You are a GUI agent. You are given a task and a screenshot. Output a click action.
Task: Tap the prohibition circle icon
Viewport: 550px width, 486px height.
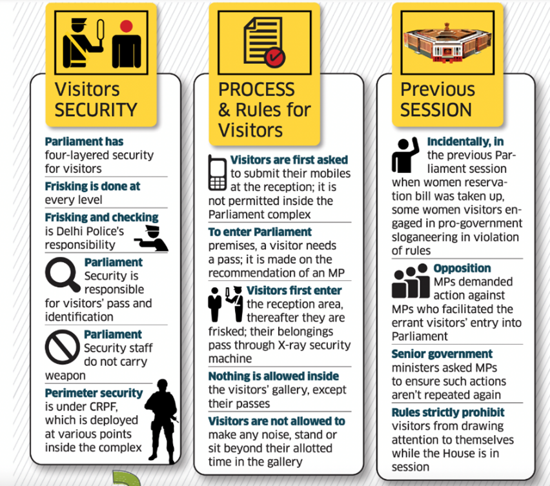coord(63,347)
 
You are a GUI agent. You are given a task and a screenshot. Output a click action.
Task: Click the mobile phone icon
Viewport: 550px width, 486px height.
coord(218,172)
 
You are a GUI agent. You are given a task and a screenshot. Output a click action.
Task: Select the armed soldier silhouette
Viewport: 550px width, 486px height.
coord(162,421)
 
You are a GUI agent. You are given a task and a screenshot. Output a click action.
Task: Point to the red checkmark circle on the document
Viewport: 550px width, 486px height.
coord(274,57)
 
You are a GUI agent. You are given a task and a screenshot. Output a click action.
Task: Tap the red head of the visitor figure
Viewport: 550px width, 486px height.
coord(127,26)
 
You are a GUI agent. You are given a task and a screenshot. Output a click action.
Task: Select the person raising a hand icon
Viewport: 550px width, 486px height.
coord(405,155)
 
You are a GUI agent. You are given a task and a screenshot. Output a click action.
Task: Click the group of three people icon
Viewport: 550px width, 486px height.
coord(411,281)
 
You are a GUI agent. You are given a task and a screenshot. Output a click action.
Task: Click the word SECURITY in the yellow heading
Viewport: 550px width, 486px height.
coord(96,110)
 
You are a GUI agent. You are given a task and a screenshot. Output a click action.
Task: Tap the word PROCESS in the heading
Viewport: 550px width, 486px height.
coord(256,90)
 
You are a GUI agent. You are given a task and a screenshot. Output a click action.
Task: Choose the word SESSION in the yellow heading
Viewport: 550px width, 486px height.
coord(436,110)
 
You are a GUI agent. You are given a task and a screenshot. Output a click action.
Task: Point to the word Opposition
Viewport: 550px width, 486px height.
coord(462,268)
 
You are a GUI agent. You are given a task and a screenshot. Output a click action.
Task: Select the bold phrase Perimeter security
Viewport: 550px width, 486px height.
coord(94,393)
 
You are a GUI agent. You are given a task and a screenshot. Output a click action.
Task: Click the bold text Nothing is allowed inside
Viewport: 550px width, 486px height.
coord(274,376)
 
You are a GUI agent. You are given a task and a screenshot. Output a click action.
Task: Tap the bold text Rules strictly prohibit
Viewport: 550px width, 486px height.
coord(448,412)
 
